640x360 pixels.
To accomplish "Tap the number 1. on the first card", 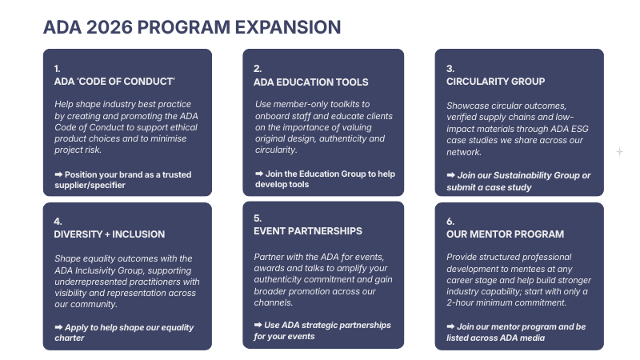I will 58,69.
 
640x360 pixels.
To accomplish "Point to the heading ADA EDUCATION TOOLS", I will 311,82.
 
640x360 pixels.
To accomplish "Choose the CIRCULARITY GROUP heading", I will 496,82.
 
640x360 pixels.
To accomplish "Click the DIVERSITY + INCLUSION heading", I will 110,234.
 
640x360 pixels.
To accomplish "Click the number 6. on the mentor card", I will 450,222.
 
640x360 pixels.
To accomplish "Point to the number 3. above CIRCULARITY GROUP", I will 450,69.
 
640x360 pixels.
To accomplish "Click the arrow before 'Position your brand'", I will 59,174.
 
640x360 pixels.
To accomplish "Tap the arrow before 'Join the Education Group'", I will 259,174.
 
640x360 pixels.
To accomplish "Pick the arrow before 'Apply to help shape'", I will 59,327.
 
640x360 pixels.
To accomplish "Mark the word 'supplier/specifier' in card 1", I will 90,185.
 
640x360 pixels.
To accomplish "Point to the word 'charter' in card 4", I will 70,338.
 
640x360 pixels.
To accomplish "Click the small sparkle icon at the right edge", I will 619,151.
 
